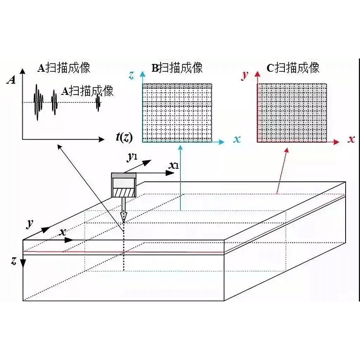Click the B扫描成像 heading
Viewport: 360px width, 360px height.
(x=177, y=68)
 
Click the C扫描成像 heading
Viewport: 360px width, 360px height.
(x=293, y=68)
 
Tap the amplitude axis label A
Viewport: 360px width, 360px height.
(x=11, y=81)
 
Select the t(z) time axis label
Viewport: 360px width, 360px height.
(x=124, y=137)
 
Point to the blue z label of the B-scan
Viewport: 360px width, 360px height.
(x=131, y=75)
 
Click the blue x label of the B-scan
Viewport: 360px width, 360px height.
(x=237, y=139)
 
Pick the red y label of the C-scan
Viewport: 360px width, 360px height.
(x=245, y=75)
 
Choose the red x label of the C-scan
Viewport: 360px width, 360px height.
(x=351, y=139)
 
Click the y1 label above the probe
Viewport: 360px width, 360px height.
(x=132, y=157)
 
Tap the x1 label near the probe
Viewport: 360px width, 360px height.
(x=174, y=165)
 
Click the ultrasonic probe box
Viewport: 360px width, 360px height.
(x=123, y=185)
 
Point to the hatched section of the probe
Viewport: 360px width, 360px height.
(x=123, y=193)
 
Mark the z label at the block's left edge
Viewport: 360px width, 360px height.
(x=14, y=261)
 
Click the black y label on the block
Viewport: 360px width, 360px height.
(x=30, y=224)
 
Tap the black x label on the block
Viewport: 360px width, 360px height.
(x=63, y=232)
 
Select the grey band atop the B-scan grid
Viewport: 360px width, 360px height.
(x=177, y=86)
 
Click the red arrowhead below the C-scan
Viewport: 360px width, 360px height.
(x=287, y=150)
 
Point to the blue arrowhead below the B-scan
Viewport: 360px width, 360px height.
(x=180, y=148)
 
